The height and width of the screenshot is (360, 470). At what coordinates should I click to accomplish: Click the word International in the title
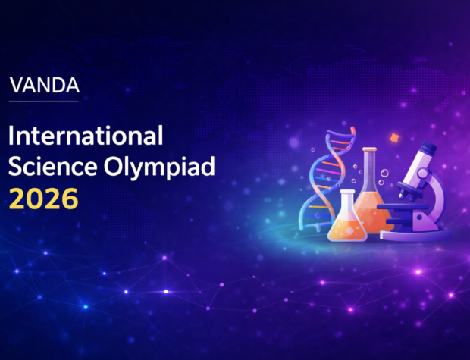pyautogui.click(x=86, y=137)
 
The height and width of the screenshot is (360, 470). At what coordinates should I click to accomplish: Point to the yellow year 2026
pyautogui.click(x=42, y=198)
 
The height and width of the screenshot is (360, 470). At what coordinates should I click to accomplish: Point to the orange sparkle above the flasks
pyautogui.click(x=393, y=137)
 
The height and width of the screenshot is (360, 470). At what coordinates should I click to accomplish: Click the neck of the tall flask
pyautogui.click(x=371, y=164)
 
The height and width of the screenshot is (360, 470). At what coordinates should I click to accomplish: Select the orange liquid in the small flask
pyautogui.click(x=346, y=228)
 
